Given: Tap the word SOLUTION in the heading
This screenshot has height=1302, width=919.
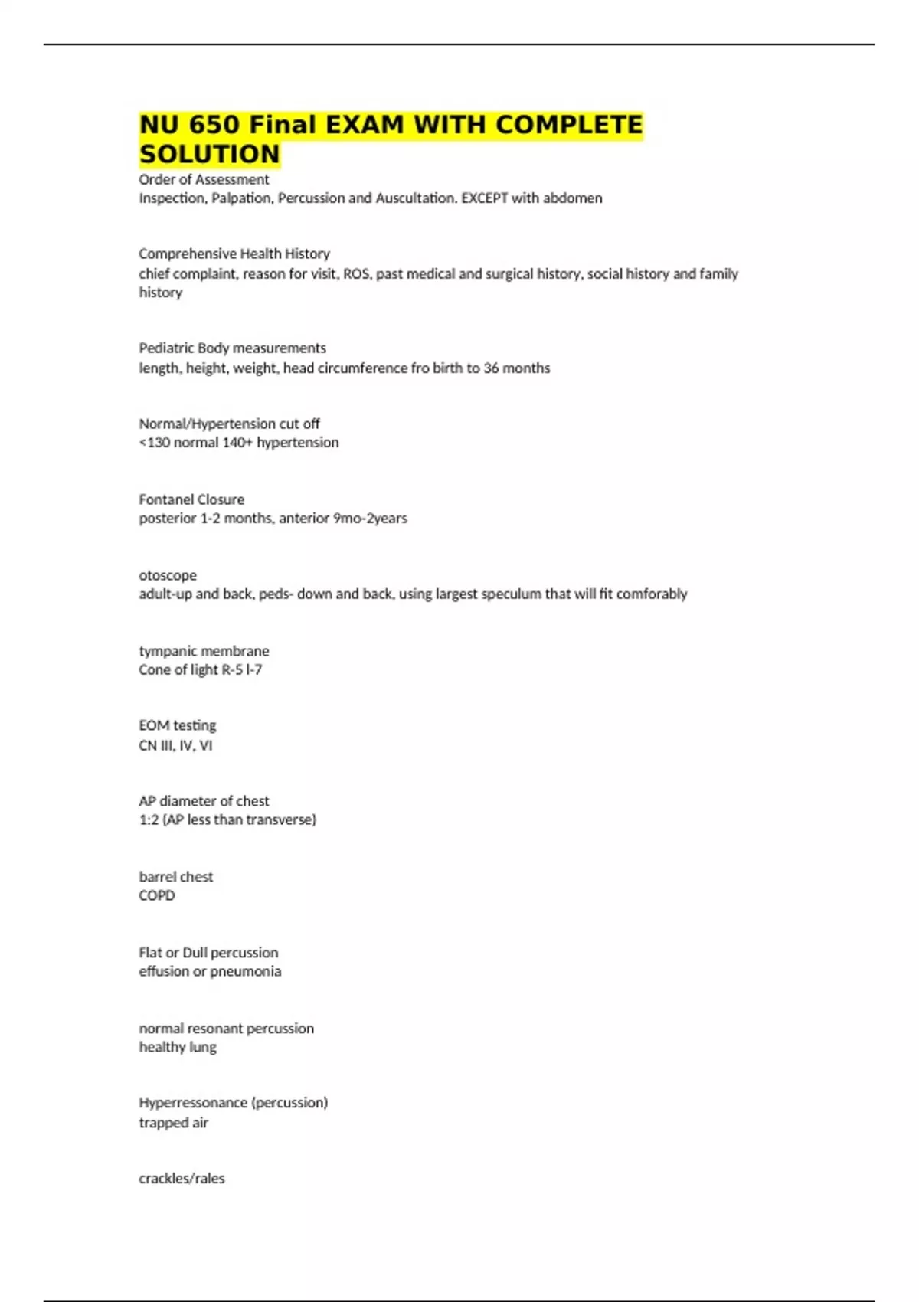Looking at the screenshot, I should [210, 154].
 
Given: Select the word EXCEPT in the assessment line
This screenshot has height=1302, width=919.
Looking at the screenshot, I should [484, 198].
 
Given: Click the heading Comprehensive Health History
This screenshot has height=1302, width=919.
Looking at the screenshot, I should [234, 254].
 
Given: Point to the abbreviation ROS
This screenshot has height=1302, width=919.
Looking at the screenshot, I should [356, 273].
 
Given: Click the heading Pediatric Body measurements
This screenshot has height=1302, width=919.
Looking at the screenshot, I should [232, 348].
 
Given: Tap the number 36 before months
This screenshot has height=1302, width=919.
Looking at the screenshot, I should [491, 368].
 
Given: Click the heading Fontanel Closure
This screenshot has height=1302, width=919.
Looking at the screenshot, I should [191, 499].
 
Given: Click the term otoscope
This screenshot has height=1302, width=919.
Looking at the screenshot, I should [168, 575].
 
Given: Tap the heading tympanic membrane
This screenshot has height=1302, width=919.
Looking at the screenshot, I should [204, 651].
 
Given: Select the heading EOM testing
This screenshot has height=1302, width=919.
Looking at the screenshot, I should [178, 725].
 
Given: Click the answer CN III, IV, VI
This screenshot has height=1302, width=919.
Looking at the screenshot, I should [175, 745].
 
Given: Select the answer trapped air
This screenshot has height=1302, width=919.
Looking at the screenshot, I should [173, 1123].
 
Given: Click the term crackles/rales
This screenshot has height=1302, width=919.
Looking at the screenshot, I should [182, 1179].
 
